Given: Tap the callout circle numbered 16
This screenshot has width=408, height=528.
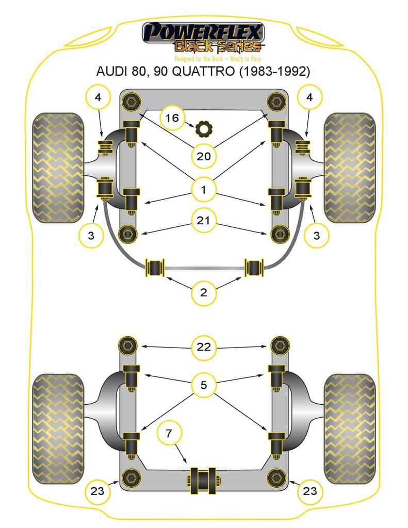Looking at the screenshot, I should (x=172, y=119).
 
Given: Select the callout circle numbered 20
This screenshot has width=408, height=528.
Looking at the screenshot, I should (x=204, y=155).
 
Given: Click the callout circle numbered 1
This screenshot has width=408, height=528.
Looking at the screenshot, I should (x=204, y=190).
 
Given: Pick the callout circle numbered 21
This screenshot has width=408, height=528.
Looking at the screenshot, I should (x=204, y=221).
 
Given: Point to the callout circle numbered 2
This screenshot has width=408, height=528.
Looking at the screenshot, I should (x=204, y=293).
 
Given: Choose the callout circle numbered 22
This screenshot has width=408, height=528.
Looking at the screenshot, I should (x=204, y=346).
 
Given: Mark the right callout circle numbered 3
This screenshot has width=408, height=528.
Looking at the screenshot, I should (x=316, y=236).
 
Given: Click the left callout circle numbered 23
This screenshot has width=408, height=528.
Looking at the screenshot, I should (x=97, y=491).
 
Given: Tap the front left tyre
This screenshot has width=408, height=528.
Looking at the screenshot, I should (x=58, y=168).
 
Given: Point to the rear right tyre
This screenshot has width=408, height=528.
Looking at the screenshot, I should (x=350, y=428).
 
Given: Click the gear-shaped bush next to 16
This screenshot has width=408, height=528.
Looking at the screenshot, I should (x=204, y=127).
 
